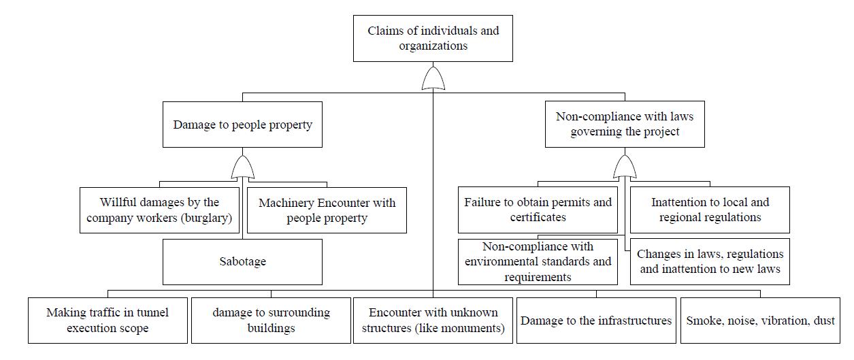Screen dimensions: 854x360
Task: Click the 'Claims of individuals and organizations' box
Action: click(x=433, y=38)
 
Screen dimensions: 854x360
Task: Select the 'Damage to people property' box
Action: click(x=242, y=125)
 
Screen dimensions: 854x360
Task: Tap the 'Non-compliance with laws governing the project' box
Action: click(x=625, y=124)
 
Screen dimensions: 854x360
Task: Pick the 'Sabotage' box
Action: click(x=242, y=261)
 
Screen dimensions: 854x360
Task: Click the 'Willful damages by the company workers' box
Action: click(x=159, y=210)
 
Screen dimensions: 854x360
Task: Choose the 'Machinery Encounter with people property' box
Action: click(x=327, y=210)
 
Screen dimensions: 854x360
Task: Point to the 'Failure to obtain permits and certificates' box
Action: click(x=538, y=210)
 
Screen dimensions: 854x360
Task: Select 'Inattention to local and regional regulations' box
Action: click(x=710, y=210)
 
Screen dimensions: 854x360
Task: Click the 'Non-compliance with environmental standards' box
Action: click(x=538, y=261)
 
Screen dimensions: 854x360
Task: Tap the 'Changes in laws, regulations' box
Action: click(x=710, y=261)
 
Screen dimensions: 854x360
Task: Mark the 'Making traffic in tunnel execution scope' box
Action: click(x=108, y=321)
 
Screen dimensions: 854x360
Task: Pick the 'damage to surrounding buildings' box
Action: click(x=271, y=321)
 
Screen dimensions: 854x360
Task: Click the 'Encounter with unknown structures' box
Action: click(x=433, y=321)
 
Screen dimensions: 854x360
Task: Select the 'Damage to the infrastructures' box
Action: click(x=596, y=321)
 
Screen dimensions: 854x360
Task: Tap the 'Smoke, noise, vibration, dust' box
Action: click(x=760, y=321)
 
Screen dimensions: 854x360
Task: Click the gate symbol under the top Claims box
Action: click(x=433, y=78)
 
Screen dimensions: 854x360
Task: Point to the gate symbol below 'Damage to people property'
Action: click(x=242, y=168)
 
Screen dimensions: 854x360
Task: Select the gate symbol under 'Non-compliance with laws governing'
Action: click(x=625, y=167)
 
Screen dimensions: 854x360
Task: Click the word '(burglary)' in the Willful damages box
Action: click(x=206, y=218)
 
